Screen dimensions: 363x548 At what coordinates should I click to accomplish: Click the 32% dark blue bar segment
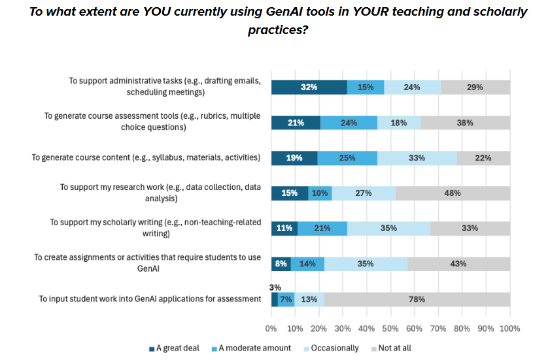[309, 87]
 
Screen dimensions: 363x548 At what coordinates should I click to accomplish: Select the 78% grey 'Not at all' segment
[416, 299]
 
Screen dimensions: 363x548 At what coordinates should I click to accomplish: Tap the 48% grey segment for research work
[453, 193]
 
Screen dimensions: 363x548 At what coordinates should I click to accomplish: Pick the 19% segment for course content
[294, 157]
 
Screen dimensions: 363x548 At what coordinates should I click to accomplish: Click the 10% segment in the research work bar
[320, 193]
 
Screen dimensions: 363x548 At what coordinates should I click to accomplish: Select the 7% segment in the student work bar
[286, 299]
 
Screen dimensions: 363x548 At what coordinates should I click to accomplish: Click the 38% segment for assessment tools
[465, 122]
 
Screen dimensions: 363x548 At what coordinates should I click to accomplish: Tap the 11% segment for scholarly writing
[284, 229]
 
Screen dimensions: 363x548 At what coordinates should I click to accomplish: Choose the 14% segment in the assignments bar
[307, 264]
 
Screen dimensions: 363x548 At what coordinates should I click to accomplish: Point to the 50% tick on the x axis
[390, 328]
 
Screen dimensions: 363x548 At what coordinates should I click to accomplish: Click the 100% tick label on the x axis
[509, 328]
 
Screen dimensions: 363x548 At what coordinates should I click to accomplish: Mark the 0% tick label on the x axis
[271, 328]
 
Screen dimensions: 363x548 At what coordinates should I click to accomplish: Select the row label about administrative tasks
[165, 87]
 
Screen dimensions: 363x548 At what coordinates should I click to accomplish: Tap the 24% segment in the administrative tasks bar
[412, 87]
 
